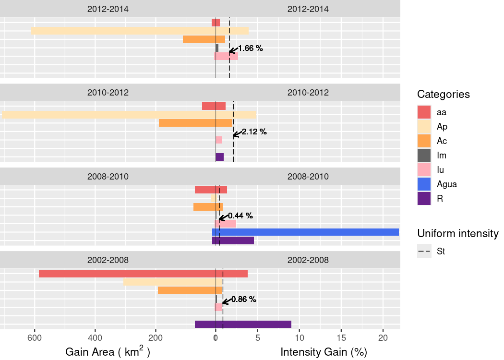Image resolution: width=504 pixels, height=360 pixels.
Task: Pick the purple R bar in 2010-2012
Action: click(x=220, y=157)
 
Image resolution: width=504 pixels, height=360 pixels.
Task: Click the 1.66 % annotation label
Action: click(x=251, y=48)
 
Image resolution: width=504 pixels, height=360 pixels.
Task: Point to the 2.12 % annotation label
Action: click(x=254, y=132)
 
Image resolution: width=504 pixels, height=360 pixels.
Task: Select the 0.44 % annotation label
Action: click(x=240, y=216)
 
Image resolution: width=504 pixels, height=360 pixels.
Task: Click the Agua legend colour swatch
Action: click(x=424, y=184)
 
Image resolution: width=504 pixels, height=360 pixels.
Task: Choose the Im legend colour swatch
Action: click(x=424, y=155)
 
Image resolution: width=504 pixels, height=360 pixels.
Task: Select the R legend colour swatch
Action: click(x=424, y=198)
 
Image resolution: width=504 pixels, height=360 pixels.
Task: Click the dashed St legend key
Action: click(x=424, y=251)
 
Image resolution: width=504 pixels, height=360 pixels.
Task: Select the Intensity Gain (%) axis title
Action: click(x=324, y=352)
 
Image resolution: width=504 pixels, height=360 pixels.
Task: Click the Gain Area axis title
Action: click(x=108, y=352)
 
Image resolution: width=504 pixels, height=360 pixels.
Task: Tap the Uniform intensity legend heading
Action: click(x=458, y=233)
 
